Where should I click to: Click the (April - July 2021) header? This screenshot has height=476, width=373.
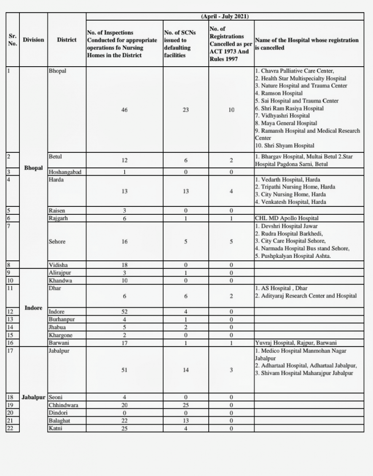pos(225,16)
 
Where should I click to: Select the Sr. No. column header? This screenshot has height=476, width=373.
pos(13,40)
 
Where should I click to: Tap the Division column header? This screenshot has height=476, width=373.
pos(33,40)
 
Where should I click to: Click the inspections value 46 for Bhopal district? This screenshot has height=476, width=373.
pos(124,110)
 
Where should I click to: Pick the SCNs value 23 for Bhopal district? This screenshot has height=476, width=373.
pos(186,110)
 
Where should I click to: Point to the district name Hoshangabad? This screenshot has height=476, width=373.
pos(65,172)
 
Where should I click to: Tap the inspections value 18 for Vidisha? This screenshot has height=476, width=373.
pos(124,265)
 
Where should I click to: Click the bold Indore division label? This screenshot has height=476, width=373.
pos(33,308)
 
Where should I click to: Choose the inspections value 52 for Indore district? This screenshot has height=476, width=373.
pos(124,312)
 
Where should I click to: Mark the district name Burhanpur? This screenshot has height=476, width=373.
pos(62,319)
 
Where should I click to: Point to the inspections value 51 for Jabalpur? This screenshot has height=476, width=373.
pos(124,370)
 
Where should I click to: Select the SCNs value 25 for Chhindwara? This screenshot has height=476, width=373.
pos(186,405)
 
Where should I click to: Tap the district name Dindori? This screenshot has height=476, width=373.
pos(58,413)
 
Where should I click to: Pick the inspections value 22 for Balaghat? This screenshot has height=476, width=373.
pos(124,421)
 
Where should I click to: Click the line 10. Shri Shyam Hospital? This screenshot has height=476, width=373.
pos(284,146)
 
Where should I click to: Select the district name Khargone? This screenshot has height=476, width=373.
pos(61,335)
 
